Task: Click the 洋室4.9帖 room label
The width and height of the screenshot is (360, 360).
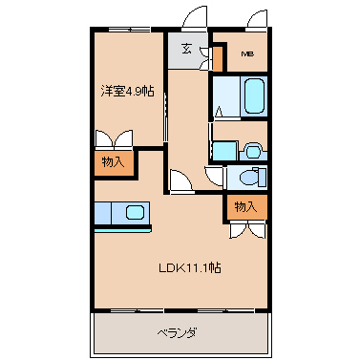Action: [128, 92]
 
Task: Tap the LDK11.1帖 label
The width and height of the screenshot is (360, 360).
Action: [190, 267]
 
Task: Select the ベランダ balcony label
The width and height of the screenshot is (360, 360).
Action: [178, 333]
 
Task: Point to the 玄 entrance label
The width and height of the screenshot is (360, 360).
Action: [186, 49]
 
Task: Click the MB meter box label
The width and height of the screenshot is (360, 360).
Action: [247, 54]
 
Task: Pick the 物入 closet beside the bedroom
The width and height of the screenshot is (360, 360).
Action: [114, 162]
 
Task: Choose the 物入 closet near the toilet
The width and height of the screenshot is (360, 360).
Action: [246, 206]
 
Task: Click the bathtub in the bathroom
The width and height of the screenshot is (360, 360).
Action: [254, 95]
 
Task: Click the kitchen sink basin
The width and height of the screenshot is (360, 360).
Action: [135, 212]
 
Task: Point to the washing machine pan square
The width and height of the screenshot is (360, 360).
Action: [225, 151]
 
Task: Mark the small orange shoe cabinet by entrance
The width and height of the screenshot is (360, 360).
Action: [218, 59]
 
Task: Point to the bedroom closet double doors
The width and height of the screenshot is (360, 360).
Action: [114, 139]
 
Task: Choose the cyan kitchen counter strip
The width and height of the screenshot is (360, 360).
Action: [123, 229]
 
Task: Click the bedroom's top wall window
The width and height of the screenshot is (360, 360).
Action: [129, 30]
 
